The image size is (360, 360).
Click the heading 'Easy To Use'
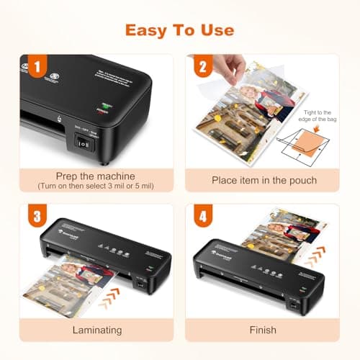point(179,30)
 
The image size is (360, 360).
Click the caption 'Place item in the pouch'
point(264,179)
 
